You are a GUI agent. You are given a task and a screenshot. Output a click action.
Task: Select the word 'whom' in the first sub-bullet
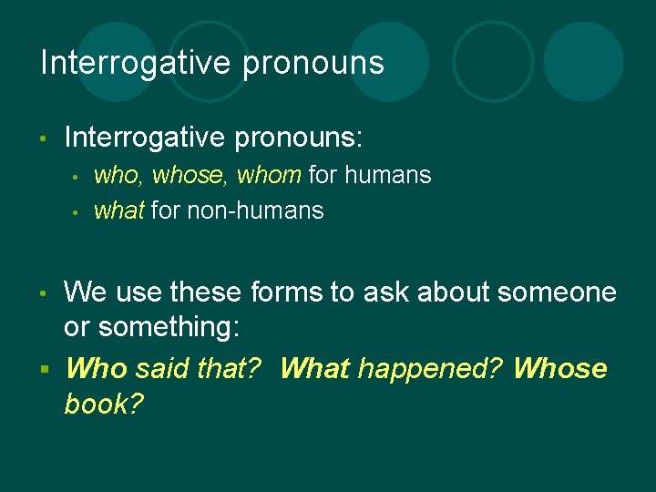point(269,174)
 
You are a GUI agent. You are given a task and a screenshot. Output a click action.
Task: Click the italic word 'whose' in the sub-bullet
point(191,174)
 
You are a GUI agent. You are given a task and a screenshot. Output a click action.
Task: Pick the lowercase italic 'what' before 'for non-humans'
point(118,210)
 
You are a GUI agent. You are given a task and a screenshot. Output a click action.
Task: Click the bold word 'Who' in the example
point(97,368)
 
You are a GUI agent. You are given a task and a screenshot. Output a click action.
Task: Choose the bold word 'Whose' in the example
point(559,368)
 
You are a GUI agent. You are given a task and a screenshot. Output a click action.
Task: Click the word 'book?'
point(104,404)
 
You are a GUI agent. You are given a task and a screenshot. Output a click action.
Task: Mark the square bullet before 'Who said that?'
point(44,369)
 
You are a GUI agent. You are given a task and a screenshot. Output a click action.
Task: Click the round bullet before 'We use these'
point(44,293)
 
